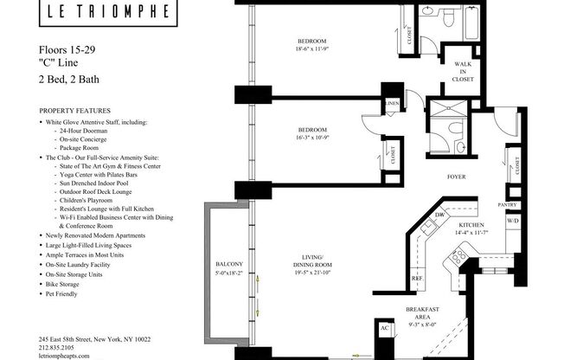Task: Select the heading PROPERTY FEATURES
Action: coord(74,112)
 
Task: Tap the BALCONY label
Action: coord(228,264)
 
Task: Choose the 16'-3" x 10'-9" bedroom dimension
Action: coord(311,136)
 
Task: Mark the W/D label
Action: coord(512,221)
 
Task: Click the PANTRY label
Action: coord(508,205)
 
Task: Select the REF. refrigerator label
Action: coord(416,278)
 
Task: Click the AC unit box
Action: coord(385,330)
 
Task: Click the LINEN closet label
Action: coord(392,104)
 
